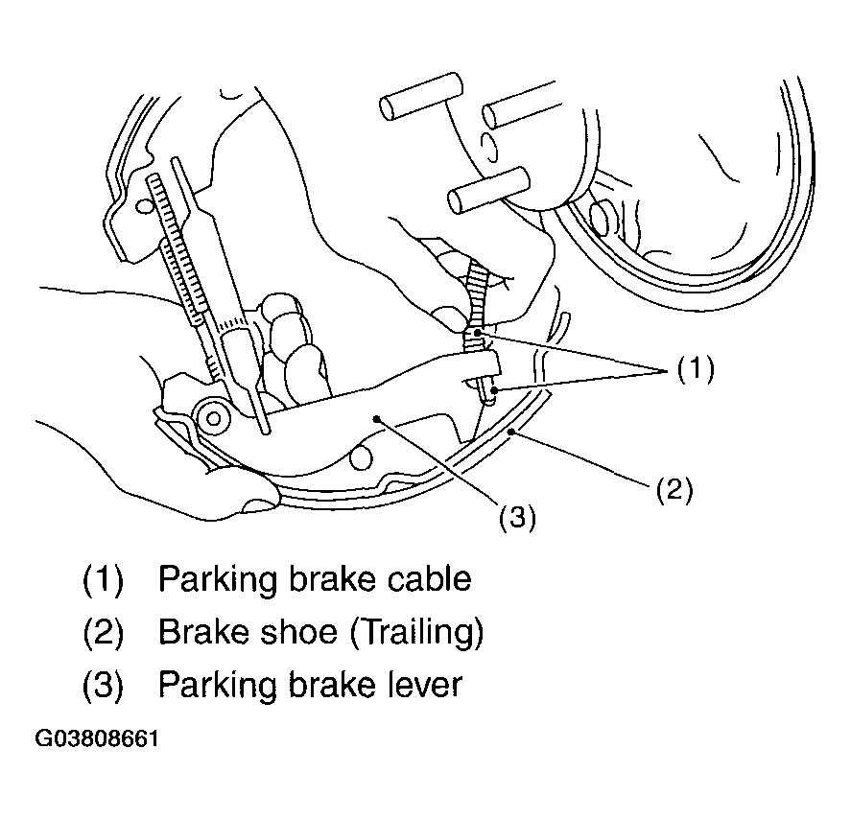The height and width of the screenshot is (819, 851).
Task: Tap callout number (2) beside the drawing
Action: point(674,490)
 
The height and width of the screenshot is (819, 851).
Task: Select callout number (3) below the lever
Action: point(517,517)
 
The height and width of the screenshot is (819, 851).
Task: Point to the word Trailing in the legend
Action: point(415,632)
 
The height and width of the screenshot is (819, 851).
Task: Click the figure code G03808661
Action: point(97,738)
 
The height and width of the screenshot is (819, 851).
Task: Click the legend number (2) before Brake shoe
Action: point(103,633)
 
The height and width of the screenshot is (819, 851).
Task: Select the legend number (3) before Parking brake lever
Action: point(103,685)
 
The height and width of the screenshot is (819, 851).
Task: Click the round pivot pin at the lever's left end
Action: point(213,418)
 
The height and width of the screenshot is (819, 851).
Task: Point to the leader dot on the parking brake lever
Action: point(376,418)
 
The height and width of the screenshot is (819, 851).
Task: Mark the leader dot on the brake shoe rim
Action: point(510,432)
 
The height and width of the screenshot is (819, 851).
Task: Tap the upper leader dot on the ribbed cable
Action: point(477,333)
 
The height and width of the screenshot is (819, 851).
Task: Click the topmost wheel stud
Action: point(421,97)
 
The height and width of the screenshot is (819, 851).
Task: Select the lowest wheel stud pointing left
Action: point(488,191)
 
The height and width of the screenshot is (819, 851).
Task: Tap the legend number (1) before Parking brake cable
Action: point(103,580)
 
